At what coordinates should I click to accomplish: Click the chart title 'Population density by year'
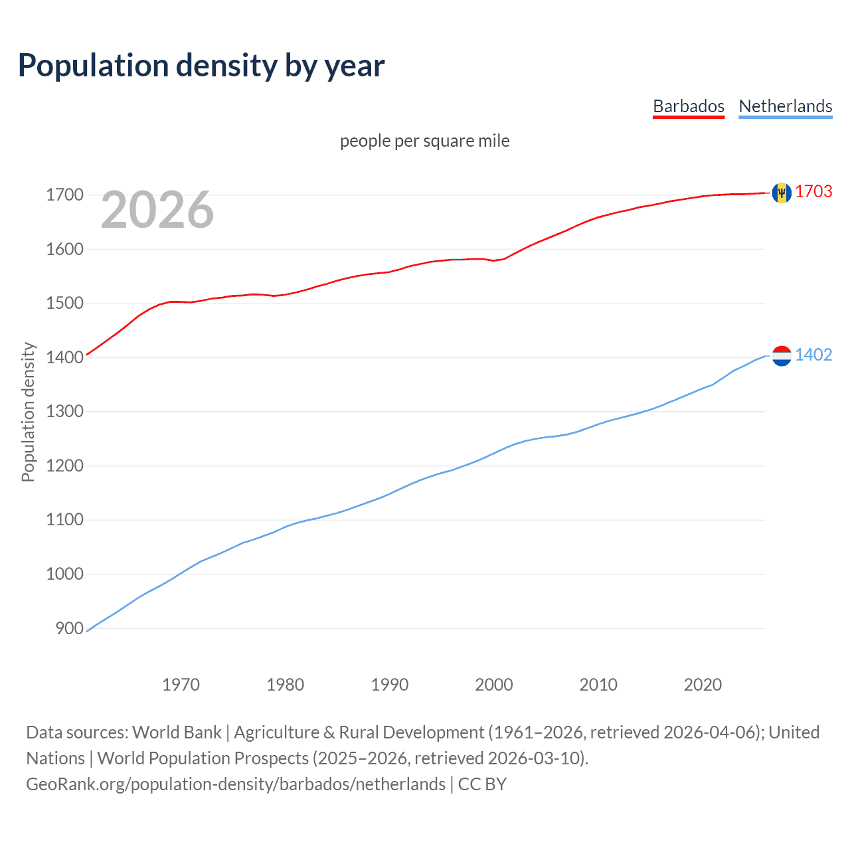(201, 66)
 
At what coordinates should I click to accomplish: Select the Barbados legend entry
(689, 106)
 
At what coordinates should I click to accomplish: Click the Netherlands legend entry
(785, 106)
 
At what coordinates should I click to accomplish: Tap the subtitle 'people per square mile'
(424, 141)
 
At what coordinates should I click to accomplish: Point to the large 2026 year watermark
(157, 210)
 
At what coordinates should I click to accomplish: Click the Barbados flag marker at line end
(782, 193)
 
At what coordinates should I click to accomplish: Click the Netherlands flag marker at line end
(782, 356)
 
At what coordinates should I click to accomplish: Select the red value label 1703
(813, 191)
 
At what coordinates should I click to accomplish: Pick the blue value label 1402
(813, 355)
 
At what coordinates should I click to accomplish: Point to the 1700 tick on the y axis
(64, 195)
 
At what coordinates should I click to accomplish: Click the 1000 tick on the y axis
(64, 574)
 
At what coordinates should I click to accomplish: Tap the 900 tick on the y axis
(69, 628)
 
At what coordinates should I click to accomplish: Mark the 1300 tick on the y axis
(64, 411)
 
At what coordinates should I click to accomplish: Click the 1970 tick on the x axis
(181, 685)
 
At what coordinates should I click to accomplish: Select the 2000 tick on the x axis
(494, 685)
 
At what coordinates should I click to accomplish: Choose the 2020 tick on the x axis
(703, 685)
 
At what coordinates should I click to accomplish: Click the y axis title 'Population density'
(28, 412)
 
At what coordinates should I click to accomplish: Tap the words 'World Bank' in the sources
(177, 732)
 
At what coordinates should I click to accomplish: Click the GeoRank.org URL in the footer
(236, 784)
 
